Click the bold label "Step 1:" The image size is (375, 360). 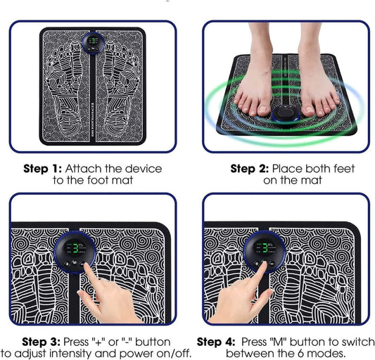click(x=42, y=169)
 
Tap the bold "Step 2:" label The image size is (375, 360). click(x=250, y=169)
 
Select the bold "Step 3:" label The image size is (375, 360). click(x=41, y=342)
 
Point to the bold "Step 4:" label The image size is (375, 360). click(x=216, y=342)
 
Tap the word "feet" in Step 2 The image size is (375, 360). click(x=344, y=169)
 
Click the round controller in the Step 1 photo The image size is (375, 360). click(x=93, y=44)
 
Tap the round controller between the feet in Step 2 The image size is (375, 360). click(x=286, y=113)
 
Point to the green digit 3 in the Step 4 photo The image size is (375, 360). click(x=265, y=248)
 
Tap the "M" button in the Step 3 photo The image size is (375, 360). click(x=75, y=263)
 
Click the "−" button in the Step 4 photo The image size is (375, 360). click(x=272, y=264)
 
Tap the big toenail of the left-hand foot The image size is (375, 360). click(x=262, y=109)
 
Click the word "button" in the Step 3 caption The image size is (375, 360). click(x=153, y=342)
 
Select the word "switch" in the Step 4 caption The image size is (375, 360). click(x=358, y=342)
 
